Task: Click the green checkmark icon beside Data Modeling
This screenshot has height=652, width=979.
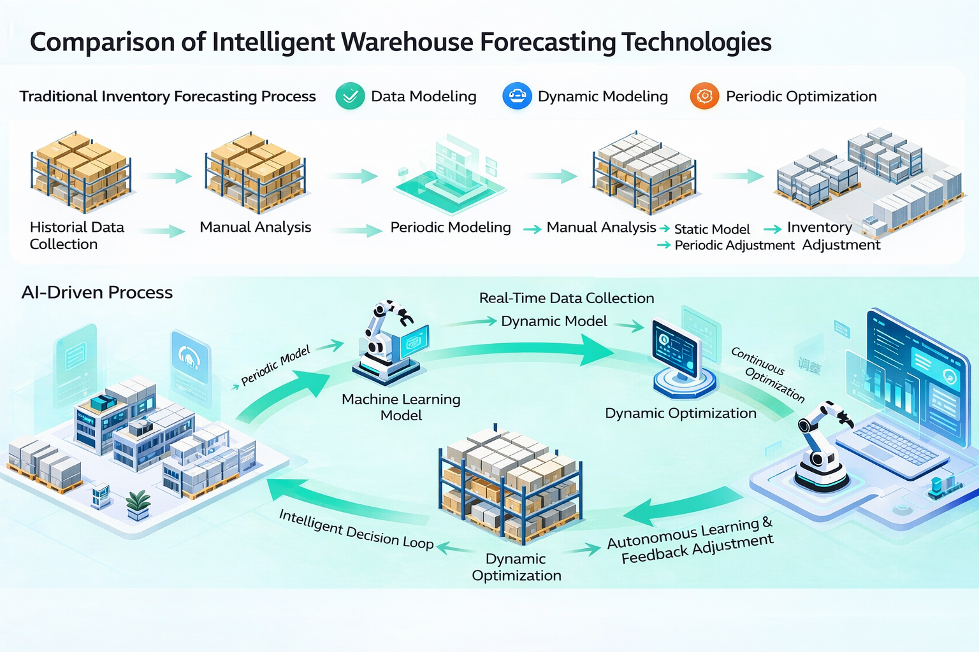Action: [350, 97]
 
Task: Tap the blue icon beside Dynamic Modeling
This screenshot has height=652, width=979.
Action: [517, 97]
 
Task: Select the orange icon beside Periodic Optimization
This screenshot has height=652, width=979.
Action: [704, 97]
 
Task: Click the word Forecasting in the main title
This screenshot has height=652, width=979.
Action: [547, 42]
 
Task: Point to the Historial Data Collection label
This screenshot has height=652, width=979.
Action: [76, 236]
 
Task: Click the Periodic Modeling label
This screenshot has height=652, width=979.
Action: [450, 227]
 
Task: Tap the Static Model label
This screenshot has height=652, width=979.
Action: [712, 229]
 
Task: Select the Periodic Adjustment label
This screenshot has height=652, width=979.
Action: [734, 245]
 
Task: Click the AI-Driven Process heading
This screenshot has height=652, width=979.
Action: [97, 292]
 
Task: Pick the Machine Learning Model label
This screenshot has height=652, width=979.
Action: [401, 407]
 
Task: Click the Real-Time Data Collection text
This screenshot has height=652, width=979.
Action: [566, 298]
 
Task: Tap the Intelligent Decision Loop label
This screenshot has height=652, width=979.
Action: [356, 529]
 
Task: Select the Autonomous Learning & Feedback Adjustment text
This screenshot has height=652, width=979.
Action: [690, 541]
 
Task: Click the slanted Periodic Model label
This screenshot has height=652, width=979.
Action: [275, 365]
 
